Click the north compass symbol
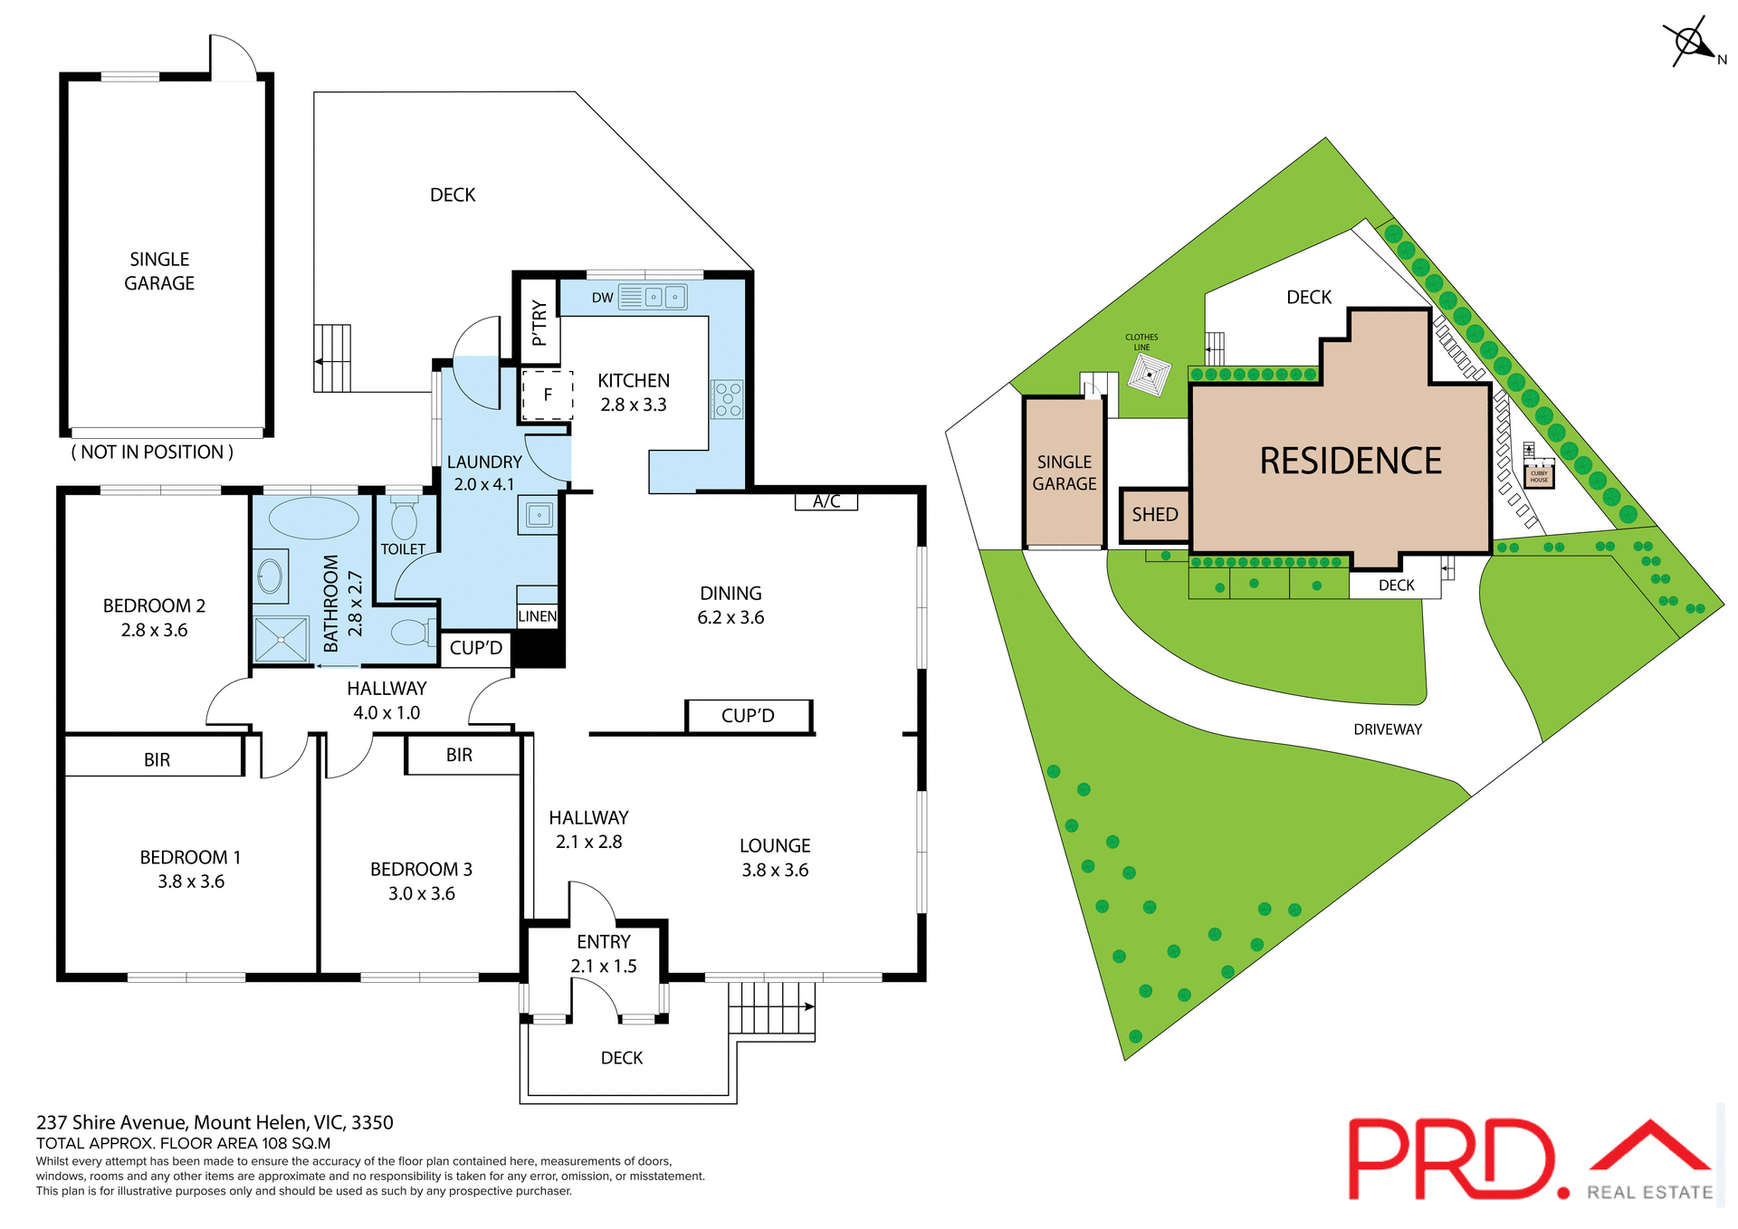pyautogui.click(x=1690, y=42)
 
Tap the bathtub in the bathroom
pyautogui.click(x=313, y=519)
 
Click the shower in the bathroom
pyautogui.click(x=281, y=639)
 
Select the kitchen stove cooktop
pyautogui.click(x=728, y=399)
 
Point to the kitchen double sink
pyautogui.click(x=664, y=297)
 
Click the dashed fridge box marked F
pyautogui.click(x=548, y=395)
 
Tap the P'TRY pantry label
pyautogui.click(x=540, y=323)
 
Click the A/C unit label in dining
pyautogui.click(x=826, y=501)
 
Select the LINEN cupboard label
pyautogui.click(x=537, y=616)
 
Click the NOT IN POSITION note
pyautogui.click(x=152, y=452)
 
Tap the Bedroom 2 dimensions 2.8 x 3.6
pyautogui.click(x=154, y=630)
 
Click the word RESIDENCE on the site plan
pyautogui.click(x=1350, y=461)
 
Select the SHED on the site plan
pyautogui.click(x=1154, y=515)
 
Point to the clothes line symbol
pyautogui.click(x=1149, y=375)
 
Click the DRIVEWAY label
pyautogui.click(x=1387, y=729)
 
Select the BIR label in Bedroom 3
pyautogui.click(x=459, y=755)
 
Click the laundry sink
pyautogui.click(x=539, y=516)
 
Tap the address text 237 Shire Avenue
pyautogui.click(x=215, y=1122)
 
